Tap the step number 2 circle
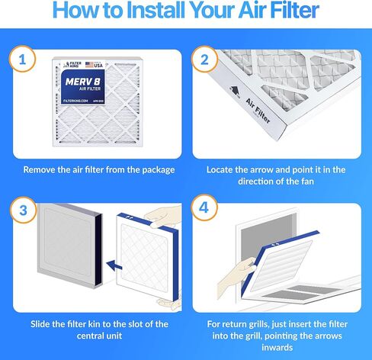point(204,59)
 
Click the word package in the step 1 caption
point(153,169)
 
